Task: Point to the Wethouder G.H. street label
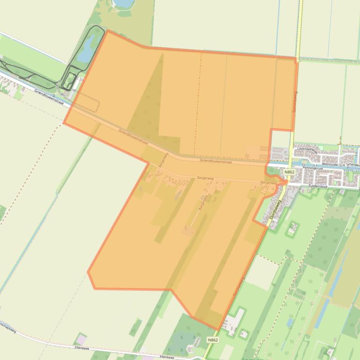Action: click(x=333, y=165)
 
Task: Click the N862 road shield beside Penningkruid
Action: click(x=289, y=172)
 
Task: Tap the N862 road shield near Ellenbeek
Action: click(x=213, y=340)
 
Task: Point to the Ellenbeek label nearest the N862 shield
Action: click(x=167, y=357)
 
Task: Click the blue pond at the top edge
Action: click(x=123, y=3)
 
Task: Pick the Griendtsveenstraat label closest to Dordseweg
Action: click(x=215, y=161)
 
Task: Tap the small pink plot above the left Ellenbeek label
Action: click(x=81, y=338)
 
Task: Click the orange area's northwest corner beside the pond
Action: click(x=107, y=31)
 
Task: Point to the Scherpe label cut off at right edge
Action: click(x=353, y=165)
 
